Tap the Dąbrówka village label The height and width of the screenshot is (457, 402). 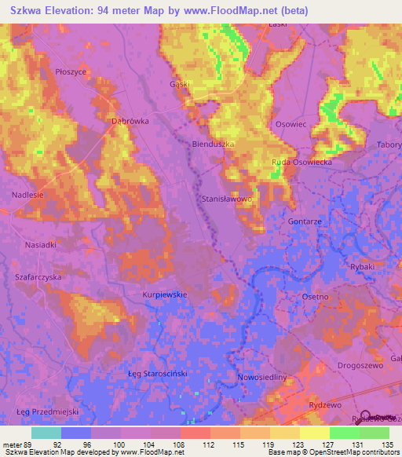coord(129,122)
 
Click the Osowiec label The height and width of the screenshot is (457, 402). coord(291,124)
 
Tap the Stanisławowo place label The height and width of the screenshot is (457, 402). coord(227,200)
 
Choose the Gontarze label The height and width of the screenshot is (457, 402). coord(304,222)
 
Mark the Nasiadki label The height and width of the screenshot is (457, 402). coord(39,245)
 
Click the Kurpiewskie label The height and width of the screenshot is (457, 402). coord(164,294)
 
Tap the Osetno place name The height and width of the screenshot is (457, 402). coord(315,297)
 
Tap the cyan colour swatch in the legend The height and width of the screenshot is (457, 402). coord(46,433)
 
